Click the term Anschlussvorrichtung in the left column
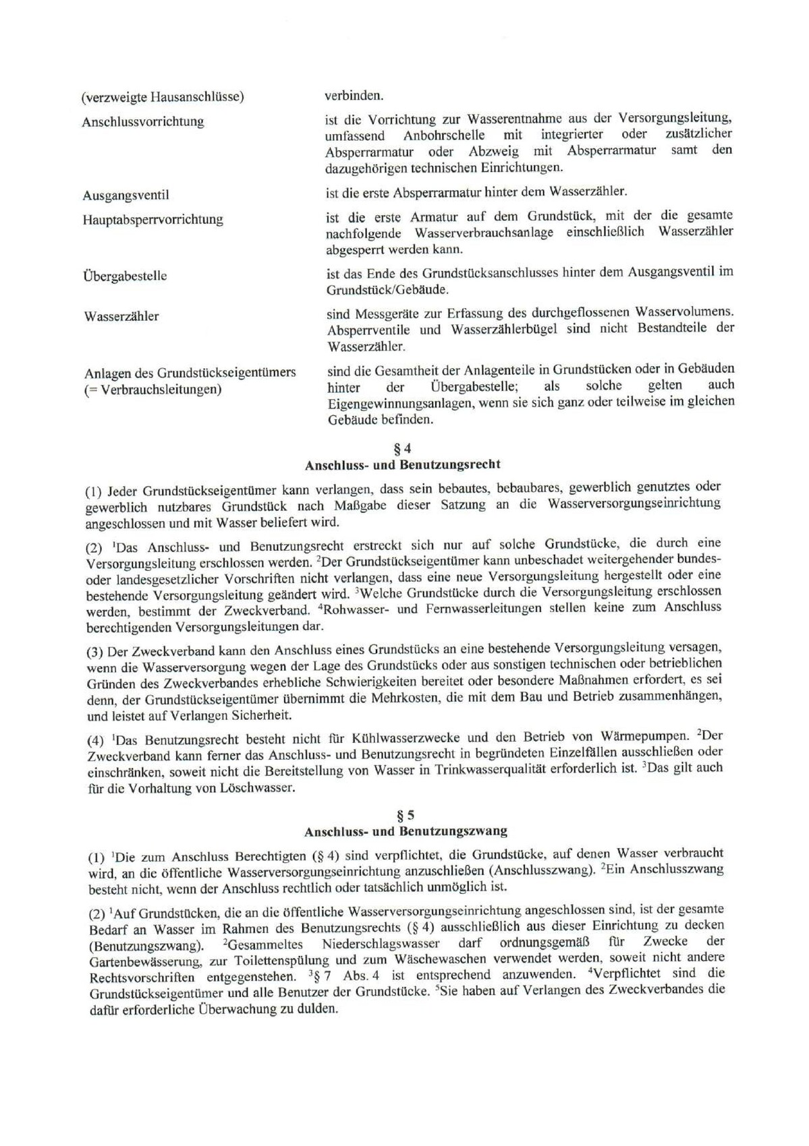[x=142, y=122]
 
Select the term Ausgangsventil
[x=125, y=195]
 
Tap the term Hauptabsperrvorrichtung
[x=152, y=220]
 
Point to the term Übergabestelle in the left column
[x=125, y=276]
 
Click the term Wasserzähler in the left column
[x=121, y=316]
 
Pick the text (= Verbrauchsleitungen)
[x=152, y=390]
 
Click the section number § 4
[x=402, y=448]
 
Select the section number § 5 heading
[x=406, y=815]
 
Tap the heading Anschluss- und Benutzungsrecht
[x=402, y=465]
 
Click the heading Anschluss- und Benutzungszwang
[x=406, y=831]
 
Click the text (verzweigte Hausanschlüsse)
[x=163, y=97]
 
